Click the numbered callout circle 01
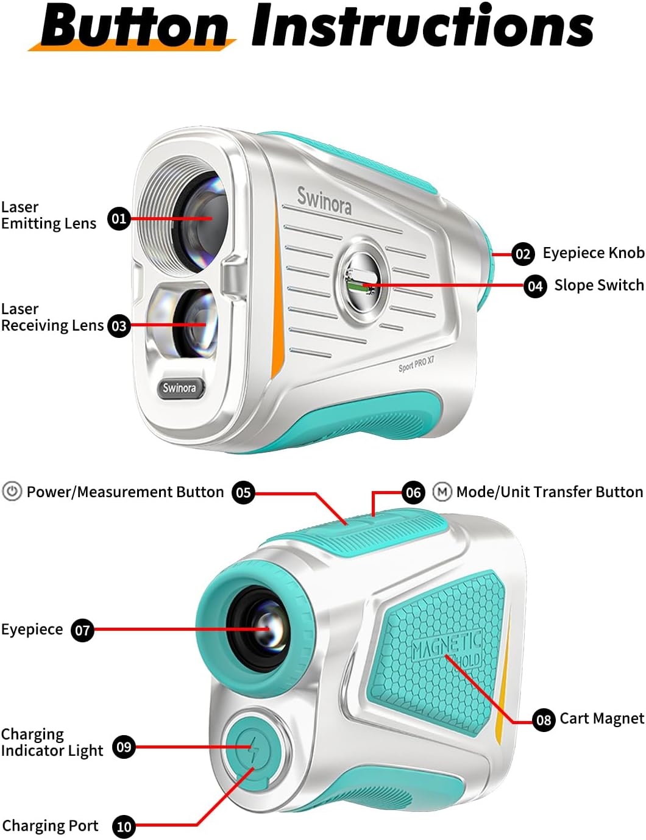[x=119, y=218]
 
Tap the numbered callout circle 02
[x=523, y=254]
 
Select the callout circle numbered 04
[x=535, y=285]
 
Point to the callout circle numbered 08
[x=544, y=720]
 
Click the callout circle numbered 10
[x=124, y=827]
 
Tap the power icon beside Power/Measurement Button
[x=12, y=492]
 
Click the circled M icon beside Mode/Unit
[x=442, y=492]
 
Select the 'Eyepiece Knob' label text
[x=593, y=253]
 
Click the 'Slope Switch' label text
[x=598, y=285]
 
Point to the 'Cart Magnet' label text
[x=602, y=719]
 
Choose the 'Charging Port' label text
[x=50, y=826]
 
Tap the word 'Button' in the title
[x=135, y=27]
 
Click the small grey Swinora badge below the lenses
[x=179, y=388]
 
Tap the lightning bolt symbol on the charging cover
[x=250, y=747]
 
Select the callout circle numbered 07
[x=82, y=630]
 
